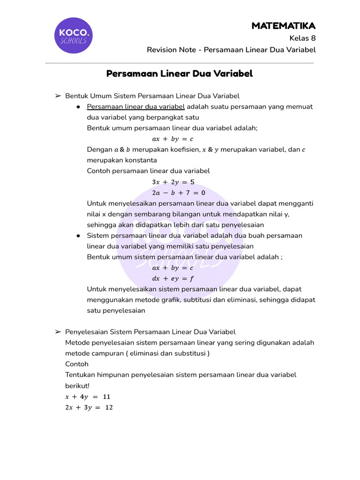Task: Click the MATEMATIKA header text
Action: tap(283, 26)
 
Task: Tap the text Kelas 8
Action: tap(302, 38)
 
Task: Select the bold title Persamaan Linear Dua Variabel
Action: tap(180, 74)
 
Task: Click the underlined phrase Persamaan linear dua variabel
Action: tap(136, 106)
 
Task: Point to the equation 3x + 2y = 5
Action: tap(173, 182)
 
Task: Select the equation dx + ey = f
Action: tap(173, 279)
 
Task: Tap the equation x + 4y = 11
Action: tap(88, 397)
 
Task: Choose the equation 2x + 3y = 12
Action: tap(89, 407)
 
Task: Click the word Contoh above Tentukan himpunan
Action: tap(77, 364)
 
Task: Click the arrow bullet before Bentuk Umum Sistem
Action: tap(58, 96)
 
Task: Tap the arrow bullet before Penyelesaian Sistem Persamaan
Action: tap(58, 332)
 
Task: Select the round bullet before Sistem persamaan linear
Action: tap(78, 236)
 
